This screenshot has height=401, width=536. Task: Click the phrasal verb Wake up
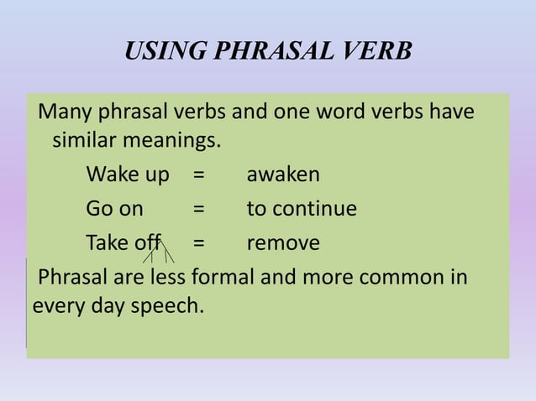pyautogui.click(x=128, y=175)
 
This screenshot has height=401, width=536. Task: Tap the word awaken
pyautogui.click(x=283, y=174)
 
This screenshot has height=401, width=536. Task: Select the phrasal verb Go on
pyautogui.click(x=114, y=208)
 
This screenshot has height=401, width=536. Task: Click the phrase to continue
pyautogui.click(x=302, y=208)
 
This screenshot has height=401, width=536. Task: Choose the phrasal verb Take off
pyautogui.click(x=123, y=243)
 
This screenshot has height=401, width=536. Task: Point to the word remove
pyautogui.click(x=283, y=243)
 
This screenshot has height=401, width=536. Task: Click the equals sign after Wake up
pyautogui.click(x=199, y=175)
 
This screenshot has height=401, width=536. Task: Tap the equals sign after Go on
pyautogui.click(x=199, y=209)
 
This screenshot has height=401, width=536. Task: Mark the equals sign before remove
pyautogui.click(x=199, y=244)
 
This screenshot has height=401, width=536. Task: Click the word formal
pyautogui.click(x=223, y=277)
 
